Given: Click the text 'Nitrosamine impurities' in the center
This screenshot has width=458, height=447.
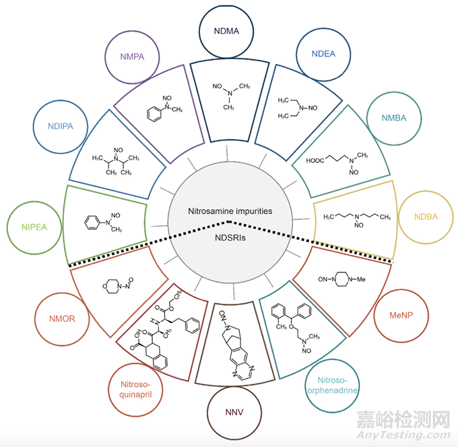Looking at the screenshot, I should [x=229, y=211].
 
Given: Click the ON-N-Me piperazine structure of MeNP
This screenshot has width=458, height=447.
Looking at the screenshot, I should [x=343, y=277].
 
